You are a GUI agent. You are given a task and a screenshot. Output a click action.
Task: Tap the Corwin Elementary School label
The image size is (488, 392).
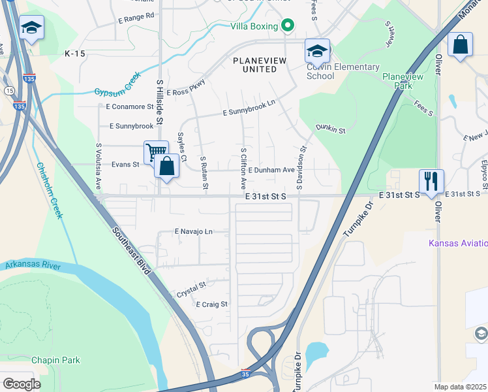(x=343, y=71)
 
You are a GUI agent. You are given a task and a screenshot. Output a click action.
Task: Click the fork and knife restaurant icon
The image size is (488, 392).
(x=431, y=180)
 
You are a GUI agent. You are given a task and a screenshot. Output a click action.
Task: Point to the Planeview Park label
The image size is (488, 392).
(x=403, y=81)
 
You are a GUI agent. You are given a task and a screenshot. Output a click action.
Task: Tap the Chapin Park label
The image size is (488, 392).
(x=55, y=360)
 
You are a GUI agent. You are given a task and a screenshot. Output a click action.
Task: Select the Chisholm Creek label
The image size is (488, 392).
(x=49, y=190)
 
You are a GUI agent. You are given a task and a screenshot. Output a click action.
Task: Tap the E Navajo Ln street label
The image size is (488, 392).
(x=193, y=231)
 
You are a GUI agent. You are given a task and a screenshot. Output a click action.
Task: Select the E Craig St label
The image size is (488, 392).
(x=211, y=304)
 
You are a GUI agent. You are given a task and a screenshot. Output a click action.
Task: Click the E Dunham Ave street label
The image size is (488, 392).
(x=271, y=170)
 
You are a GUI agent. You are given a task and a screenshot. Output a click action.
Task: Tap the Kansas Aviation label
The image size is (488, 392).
(x=457, y=244)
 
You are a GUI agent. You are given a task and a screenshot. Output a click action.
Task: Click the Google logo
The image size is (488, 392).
(x=22, y=384)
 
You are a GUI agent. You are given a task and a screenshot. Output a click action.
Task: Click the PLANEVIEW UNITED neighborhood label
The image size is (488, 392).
(x=260, y=65)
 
